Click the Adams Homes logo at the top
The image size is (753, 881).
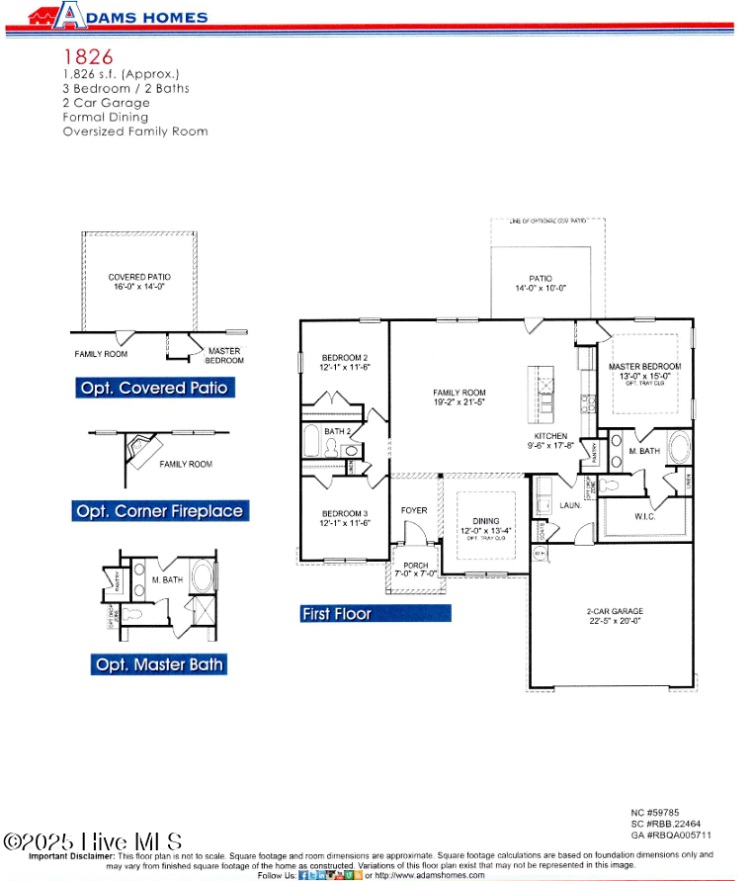click(x=118, y=16)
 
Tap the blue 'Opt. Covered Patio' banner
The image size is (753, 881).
click(x=154, y=388)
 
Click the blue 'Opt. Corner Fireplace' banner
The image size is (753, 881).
click(x=159, y=511)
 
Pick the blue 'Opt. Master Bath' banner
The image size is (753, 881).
click(x=159, y=664)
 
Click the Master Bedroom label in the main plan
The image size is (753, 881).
click(x=644, y=371)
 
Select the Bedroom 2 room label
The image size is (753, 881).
click(x=345, y=362)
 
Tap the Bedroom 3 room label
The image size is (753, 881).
click(x=345, y=518)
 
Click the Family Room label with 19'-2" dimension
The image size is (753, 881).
click(x=460, y=397)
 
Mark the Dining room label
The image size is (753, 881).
click(x=485, y=525)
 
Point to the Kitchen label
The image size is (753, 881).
click(x=550, y=441)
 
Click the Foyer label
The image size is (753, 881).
click(x=414, y=510)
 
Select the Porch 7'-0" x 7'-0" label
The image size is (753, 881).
click(x=415, y=569)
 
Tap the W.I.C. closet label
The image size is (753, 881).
click(x=645, y=515)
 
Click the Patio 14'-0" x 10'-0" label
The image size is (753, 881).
click(x=541, y=283)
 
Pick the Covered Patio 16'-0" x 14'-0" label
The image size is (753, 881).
click(x=139, y=282)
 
